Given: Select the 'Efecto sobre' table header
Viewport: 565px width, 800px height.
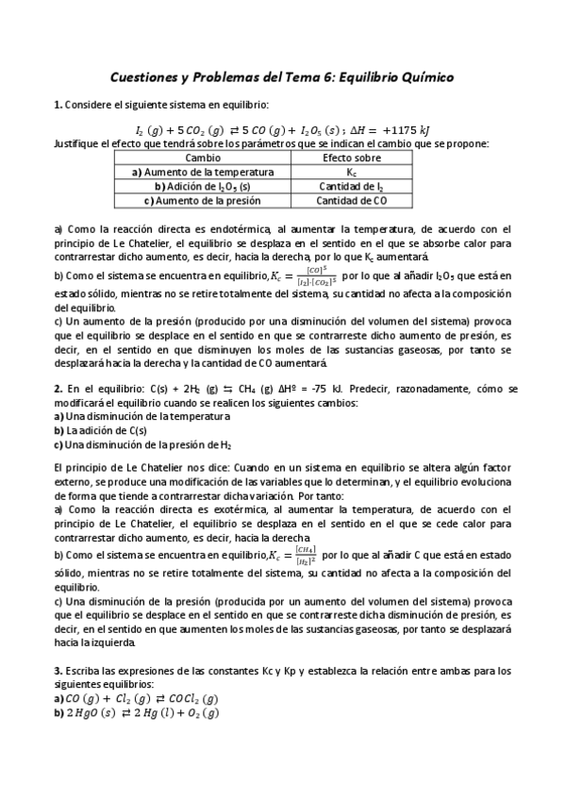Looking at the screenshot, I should click(352, 158).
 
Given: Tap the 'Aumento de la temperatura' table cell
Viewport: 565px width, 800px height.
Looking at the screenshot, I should click(203, 173).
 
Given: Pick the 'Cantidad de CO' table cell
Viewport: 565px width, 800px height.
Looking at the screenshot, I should click(352, 201).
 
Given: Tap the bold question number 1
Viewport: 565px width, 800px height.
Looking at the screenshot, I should click(58, 104).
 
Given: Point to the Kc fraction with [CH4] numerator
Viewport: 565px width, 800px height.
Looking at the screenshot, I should click(304, 556).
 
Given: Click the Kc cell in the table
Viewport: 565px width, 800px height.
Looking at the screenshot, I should click(352, 173).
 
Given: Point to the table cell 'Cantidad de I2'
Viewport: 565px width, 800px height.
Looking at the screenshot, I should click(352, 187).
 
